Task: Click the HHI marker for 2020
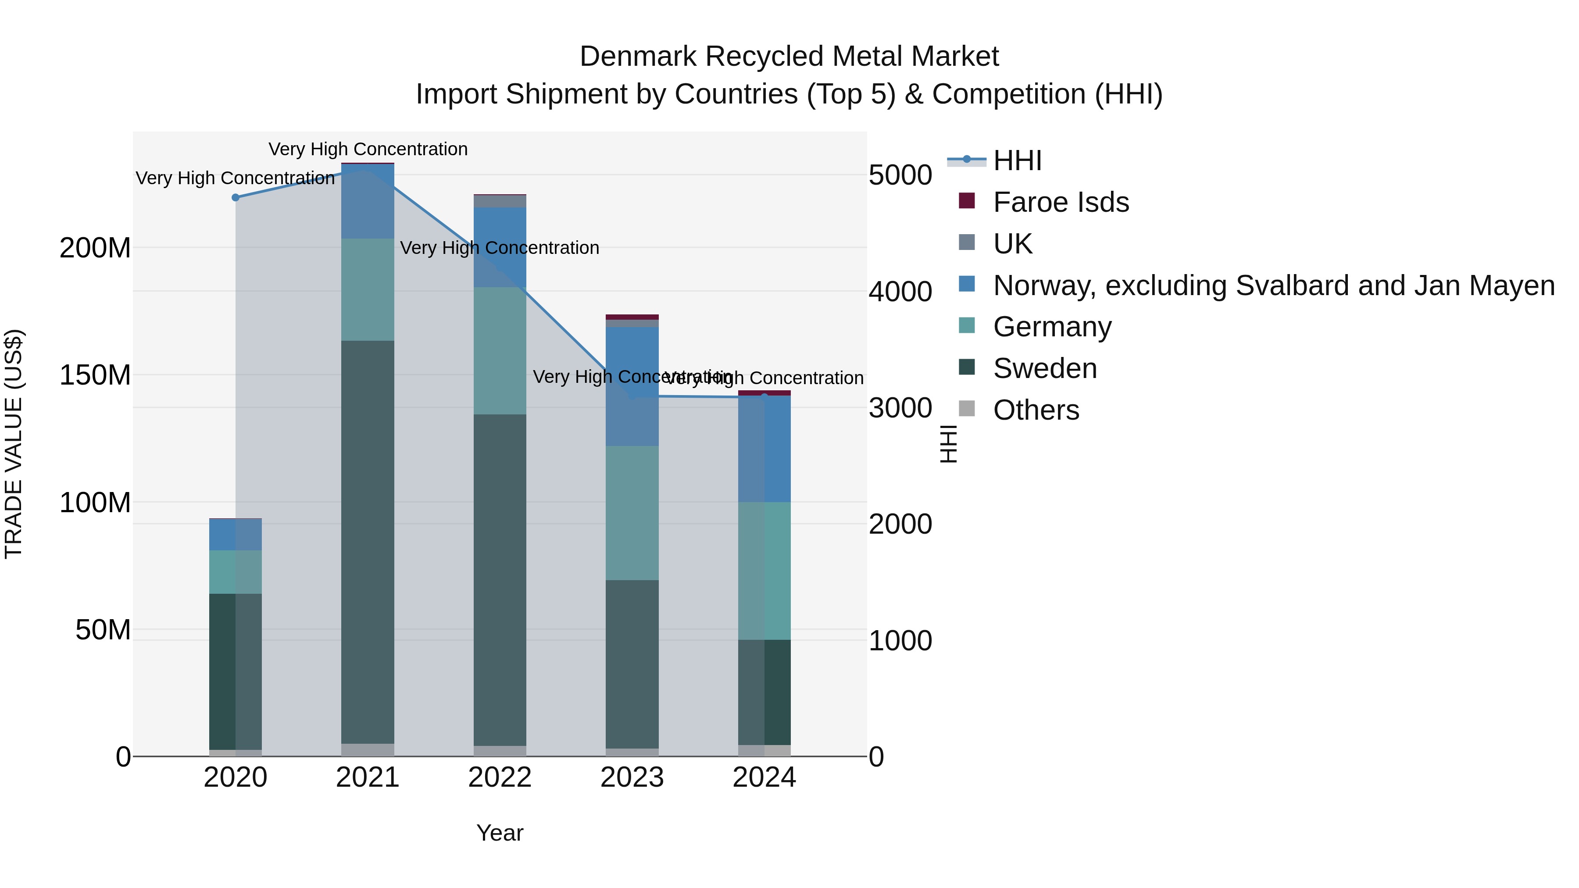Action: pos(236,197)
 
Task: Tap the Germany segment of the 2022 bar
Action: pos(500,350)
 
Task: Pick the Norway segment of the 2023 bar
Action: pos(632,386)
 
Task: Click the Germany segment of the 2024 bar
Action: pos(764,570)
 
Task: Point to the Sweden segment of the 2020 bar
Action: pos(236,671)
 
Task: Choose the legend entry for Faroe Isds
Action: pos(1061,202)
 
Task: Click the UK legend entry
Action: pos(1013,244)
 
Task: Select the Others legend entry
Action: pos(1036,410)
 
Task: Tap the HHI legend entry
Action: pos(1018,160)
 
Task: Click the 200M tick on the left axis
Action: pos(95,248)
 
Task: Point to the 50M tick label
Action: pos(103,629)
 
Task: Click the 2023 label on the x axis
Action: pos(632,777)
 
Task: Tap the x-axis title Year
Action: pos(500,833)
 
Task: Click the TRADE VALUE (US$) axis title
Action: pos(14,444)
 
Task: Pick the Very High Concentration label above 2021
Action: pos(368,149)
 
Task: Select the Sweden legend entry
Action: pos(1044,368)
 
